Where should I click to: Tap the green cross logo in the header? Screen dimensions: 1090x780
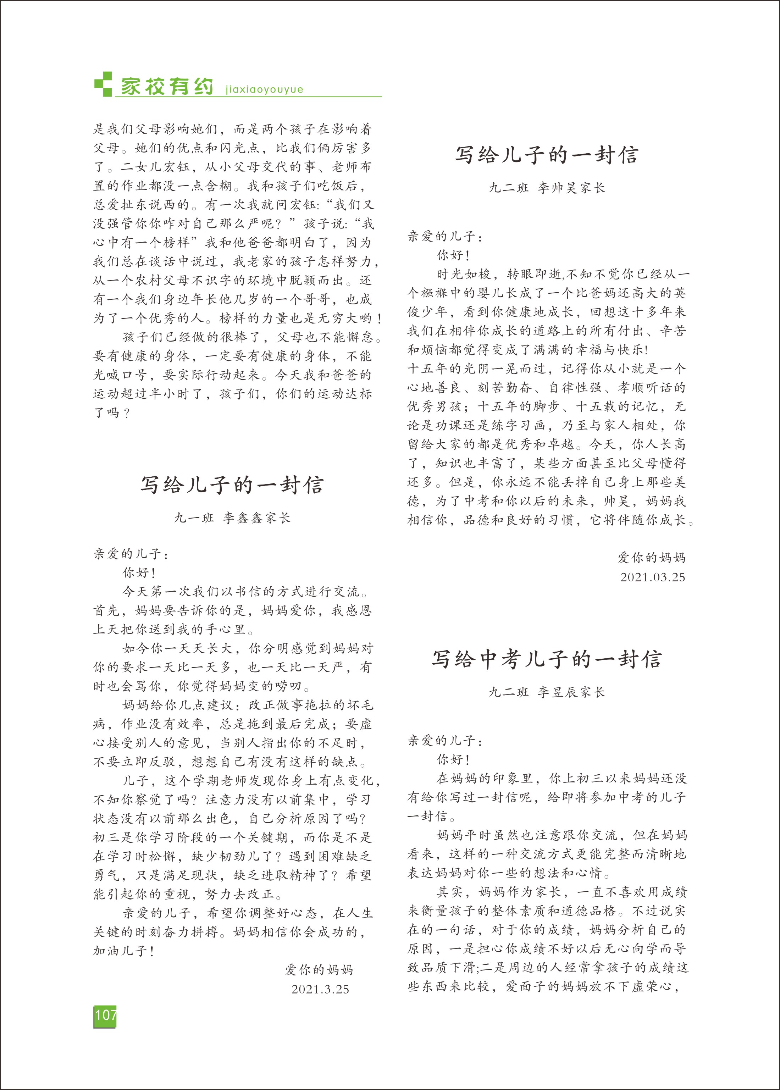click(x=103, y=84)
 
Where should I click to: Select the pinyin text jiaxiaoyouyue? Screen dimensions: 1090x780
click(x=264, y=89)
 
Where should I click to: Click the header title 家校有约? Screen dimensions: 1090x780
click(x=167, y=87)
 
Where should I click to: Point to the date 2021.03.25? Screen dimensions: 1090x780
click(x=652, y=577)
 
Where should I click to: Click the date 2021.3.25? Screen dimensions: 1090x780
click(x=320, y=989)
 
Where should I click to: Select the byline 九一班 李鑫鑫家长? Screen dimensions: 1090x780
click(x=232, y=518)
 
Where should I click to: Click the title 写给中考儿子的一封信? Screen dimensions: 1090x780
click(x=547, y=659)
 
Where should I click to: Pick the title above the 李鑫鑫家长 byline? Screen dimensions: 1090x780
click(x=232, y=485)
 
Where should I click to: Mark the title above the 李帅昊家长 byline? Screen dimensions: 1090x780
click(x=547, y=155)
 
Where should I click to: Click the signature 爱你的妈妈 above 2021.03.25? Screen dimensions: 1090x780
click(x=651, y=558)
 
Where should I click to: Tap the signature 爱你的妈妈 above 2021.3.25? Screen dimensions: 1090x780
click(x=319, y=970)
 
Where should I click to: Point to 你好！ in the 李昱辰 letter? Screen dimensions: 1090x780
click(x=453, y=760)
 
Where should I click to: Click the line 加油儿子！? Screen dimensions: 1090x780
click(x=124, y=951)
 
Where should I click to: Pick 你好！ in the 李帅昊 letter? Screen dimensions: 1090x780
click(x=453, y=255)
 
